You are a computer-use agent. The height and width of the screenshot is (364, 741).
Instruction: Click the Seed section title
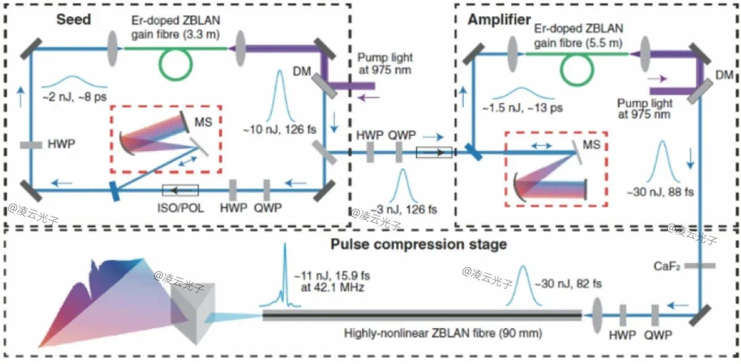click(73, 19)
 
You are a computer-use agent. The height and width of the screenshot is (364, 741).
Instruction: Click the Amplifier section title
click(499, 19)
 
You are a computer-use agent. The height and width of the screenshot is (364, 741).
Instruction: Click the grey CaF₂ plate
click(699, 266)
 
